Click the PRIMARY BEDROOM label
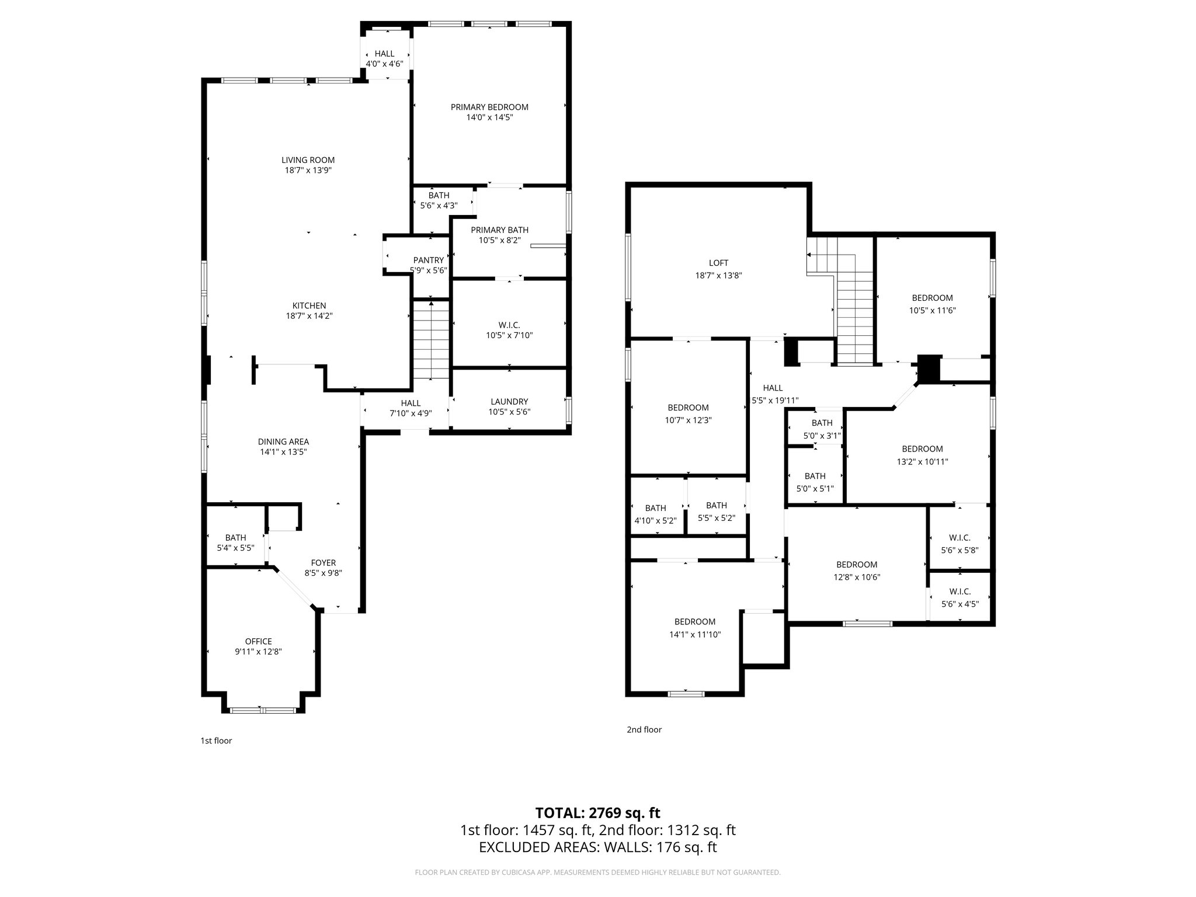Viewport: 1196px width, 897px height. point(489,107)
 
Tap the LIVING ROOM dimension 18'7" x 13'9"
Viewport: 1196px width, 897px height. point(308,171)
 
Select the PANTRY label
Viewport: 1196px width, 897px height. point(429,260)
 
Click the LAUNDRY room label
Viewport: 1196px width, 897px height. point(509,402)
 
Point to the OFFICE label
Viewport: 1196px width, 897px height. point(258,641)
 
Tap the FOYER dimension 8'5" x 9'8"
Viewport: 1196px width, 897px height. point(323,573)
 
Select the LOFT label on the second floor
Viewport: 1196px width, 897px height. point(718,263)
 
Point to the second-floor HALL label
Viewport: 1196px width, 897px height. point(773,388)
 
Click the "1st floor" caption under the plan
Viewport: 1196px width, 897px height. point(216,740)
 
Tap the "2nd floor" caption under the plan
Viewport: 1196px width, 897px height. point(644,729)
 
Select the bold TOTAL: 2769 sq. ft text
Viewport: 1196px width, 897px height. point(597,813)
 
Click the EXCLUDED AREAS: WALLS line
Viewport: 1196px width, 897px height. point(597,847)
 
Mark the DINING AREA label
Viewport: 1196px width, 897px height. point(283,441)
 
